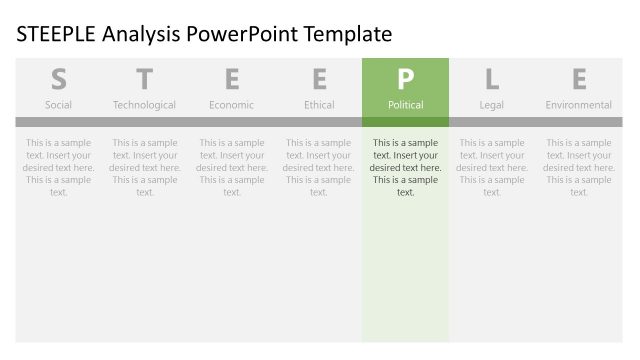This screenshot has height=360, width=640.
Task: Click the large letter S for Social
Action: tap(58, 79)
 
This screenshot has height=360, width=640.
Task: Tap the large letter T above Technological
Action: tap(145, 79)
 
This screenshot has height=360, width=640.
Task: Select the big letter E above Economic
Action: tap(232, 79)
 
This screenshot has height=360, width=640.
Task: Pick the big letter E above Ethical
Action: tap(319, 79)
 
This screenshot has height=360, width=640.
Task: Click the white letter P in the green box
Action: tap(405, 79)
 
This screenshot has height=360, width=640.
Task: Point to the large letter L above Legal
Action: tap(492, 79)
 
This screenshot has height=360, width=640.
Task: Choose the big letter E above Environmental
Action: tap(579, 79)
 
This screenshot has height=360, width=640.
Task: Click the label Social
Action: tap(58, 105)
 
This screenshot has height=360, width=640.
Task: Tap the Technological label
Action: tap(145, 105)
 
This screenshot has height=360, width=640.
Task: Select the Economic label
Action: tap(232, 105)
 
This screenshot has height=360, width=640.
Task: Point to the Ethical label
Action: tap(319, 105)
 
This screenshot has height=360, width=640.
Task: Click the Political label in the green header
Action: tap(405, 105)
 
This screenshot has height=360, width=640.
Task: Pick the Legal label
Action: tap(492, 105)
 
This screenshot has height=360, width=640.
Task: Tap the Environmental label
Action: tap(579, 105)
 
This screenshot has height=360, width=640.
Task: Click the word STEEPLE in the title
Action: tap(56, 35)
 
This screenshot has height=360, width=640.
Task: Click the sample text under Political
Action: tap(405, 167)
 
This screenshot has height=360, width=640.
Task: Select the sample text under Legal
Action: tap(492, 167)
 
